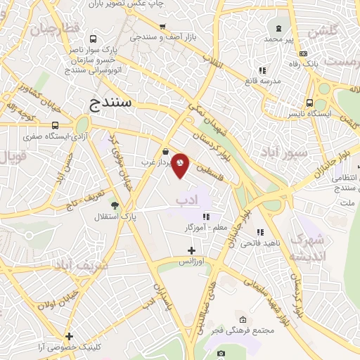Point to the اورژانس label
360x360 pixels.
pos(192,262)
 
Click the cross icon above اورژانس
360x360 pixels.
pos(192,250)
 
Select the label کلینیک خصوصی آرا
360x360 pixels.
pos(70,347)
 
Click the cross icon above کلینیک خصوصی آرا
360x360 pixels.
pos(69,336)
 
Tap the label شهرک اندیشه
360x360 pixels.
pos(309,247)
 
